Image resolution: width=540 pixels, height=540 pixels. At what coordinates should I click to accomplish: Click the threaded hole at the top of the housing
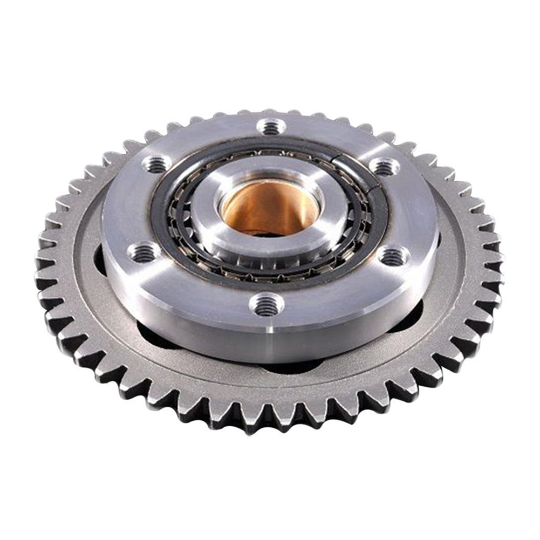click(x=271, y=127)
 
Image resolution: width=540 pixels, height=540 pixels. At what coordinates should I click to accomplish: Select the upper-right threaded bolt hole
click(x=385, y=167)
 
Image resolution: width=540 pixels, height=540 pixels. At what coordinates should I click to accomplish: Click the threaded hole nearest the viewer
click(x=266, y=305)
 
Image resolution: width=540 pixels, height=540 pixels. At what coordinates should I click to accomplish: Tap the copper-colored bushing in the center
click(x=270, y=202)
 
